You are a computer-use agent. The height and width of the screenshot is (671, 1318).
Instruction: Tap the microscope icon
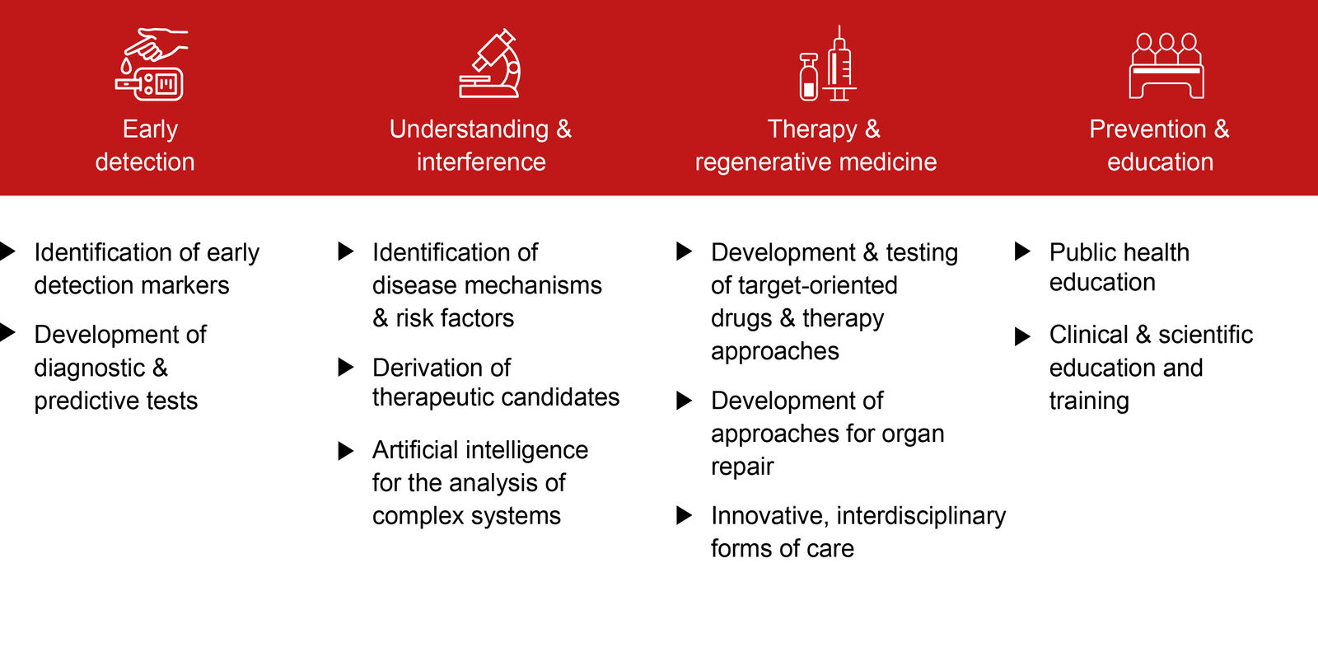490,63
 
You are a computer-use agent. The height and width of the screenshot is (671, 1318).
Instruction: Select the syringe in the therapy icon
839,63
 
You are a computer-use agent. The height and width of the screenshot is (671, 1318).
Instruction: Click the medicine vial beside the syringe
809,77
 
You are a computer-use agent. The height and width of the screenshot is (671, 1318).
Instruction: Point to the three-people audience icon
1166,65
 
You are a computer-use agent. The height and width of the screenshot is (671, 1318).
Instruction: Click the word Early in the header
150,129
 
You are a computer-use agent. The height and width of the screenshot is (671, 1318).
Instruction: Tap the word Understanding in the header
469,129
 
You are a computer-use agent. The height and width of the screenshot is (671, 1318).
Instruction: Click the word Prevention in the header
1147,129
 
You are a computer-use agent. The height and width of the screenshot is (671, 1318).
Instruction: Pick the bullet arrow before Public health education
1022,252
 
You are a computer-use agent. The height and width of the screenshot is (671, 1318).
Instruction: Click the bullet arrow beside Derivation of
346,368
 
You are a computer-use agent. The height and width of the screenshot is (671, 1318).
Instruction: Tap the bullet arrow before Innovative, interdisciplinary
685,515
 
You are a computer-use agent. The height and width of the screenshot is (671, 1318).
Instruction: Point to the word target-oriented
818,286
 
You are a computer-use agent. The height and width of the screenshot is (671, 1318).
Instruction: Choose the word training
1089,401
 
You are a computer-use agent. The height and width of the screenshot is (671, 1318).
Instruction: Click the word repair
742,467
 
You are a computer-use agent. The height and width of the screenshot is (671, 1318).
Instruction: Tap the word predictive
86,401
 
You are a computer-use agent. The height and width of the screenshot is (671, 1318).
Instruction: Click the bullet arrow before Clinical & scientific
1022,336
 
